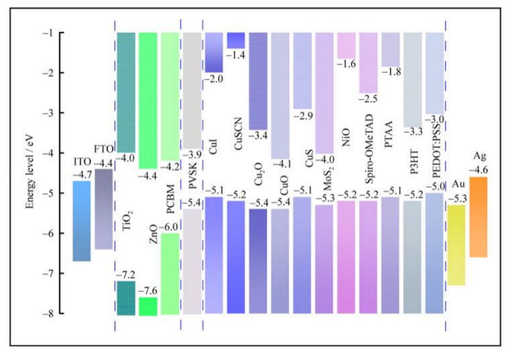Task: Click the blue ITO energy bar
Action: tap(82, 221)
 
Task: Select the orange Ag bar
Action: tap(478, 217)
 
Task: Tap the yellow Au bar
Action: tap(456, 245)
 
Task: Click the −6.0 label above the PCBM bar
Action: tap(170, 228)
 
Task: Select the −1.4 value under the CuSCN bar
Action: tap(235, 55)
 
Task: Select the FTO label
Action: tap(103, 149)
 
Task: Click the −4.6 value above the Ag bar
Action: tap(479, 169)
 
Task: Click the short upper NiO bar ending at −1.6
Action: tap(346, 45)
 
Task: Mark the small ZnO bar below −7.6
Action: tap(148, 306)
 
